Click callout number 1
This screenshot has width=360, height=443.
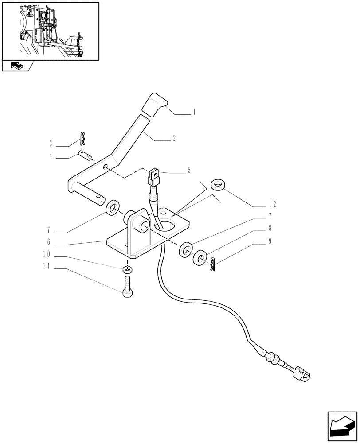[x=194, y=113]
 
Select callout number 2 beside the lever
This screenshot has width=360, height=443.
[x=174, y=138]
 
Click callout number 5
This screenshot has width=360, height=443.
[x=189, y=170]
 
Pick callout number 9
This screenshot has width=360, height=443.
[x=270, y=242]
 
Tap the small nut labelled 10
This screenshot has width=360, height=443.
[x=127, y=269]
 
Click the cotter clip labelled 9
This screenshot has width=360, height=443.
[x=212, y=265]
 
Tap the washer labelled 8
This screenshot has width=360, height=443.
[x=201, y=258]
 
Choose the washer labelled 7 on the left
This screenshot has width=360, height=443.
[x=113, y=207]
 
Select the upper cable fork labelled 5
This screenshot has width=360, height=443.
[x=154, y=175]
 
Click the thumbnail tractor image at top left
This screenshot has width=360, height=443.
[x=50, y=31]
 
